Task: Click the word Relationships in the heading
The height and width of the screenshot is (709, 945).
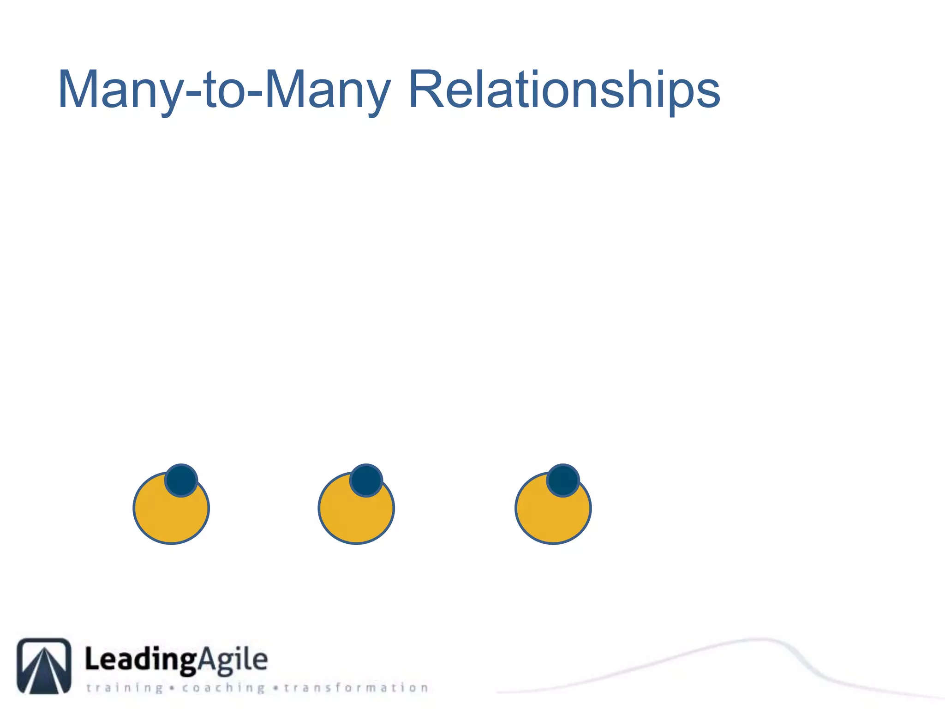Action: click(564, 90)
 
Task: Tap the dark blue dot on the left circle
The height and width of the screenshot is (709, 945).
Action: click(181, 480)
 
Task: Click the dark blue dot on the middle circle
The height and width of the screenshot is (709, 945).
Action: click(366, 480)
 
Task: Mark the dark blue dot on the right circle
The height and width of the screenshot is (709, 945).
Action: click(563, 480)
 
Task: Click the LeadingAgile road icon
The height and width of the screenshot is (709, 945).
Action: click(44, 666)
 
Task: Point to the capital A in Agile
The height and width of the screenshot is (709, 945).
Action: click(207, 659)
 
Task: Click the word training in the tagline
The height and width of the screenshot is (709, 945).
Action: click(125, 688)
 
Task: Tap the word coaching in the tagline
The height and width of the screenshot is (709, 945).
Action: click(223, 688)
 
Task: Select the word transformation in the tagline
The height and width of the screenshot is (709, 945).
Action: click(356, 688)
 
